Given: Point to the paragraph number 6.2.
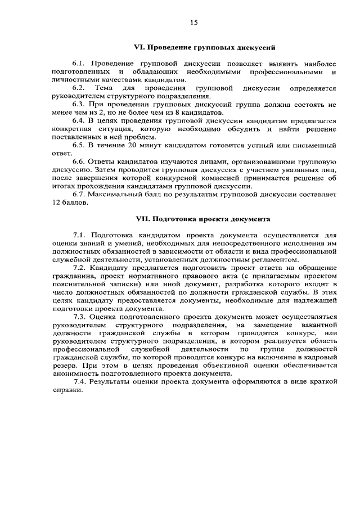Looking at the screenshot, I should (x=79, y=88).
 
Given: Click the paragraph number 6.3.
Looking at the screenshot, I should (x=79, y=105).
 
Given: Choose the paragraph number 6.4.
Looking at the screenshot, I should (x=79, y=121).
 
